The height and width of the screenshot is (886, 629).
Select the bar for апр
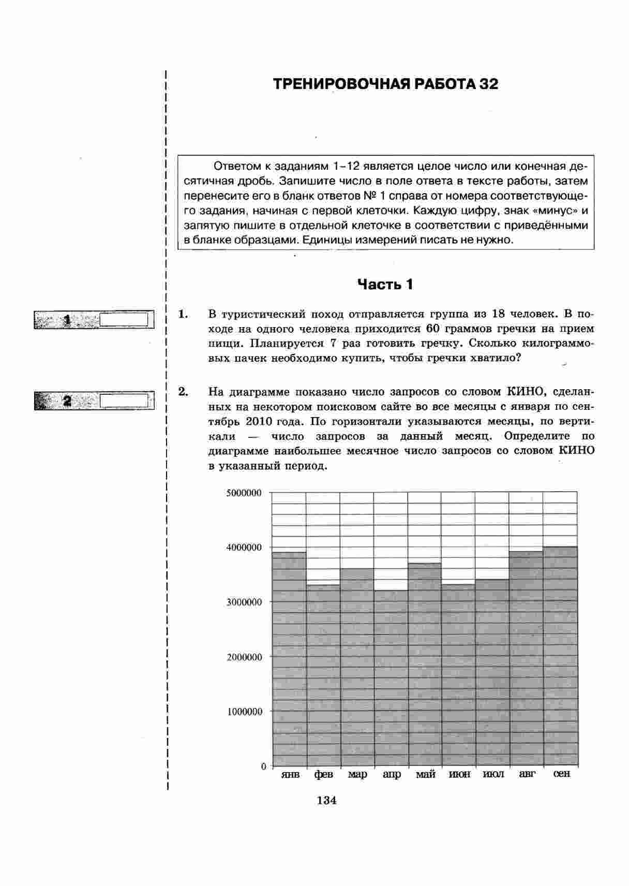coord(391,678)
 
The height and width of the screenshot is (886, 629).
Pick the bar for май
coord(424,664)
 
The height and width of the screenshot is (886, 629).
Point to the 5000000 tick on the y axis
coord(244,493)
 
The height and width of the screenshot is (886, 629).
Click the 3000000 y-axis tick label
coord(244,602)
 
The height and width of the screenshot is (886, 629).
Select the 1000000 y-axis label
coord(244,712)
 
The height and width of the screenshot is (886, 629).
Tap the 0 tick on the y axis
coord(263,766)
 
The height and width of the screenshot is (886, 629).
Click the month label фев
coord(323,775)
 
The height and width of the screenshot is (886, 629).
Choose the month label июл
coord(492,775)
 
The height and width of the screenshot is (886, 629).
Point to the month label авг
coord(527,774)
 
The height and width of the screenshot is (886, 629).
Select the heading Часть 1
coord(385,284)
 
